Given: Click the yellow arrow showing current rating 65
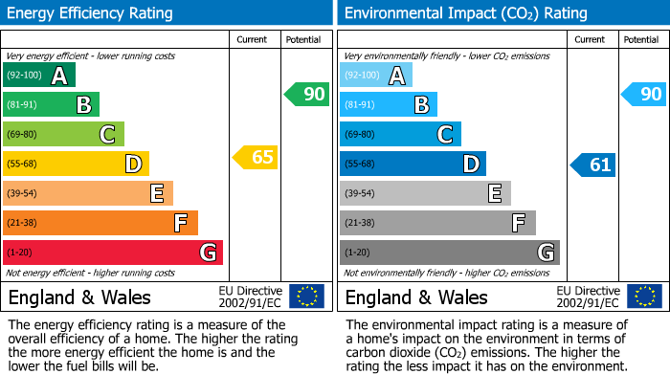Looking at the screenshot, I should [x=257, y=157].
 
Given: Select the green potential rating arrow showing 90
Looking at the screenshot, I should [x=306, y=94].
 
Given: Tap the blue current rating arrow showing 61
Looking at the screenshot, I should [x=593, y=165].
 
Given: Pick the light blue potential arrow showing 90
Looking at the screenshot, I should [x=643, y=94].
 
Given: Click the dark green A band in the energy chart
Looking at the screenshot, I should [x=38, y=76].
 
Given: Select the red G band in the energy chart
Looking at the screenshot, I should [x=112, y=253].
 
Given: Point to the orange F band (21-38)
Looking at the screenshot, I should [x=100, y=223].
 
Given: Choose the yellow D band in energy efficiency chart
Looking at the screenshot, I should [x=76, y=164].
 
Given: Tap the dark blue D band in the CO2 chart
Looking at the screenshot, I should [x=413, y=164].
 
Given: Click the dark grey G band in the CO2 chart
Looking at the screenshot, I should [x=449, y=253].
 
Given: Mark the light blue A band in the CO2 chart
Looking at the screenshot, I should [x=375, y=76].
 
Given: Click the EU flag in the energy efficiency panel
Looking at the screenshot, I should [x=306, y=297].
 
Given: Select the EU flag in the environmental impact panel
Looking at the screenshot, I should [x=643, y=297].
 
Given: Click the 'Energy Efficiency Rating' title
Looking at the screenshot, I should [x=91, y=13].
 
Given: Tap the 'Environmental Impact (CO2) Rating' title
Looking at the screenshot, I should [x=465, y=13].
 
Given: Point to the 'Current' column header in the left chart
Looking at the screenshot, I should [x=254, y=39].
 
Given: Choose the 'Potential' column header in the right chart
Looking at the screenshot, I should [x=640, y=39].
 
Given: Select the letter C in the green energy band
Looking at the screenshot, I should [x=107, y=135].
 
